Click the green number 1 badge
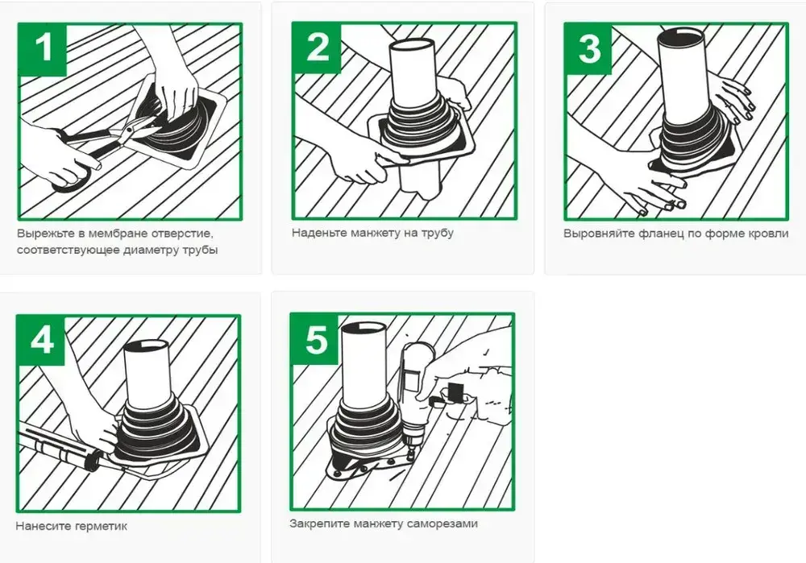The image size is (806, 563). click(x=43, y=49)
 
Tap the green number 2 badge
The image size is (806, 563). click(x=317, y=48)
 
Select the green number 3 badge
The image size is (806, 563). click(x=589, y=48)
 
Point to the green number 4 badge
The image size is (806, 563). click(x=41, y=341)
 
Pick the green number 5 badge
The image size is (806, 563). click(x=314, y=338)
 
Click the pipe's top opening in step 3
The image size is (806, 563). click(x=683, y=38)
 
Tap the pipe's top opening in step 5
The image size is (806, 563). click(x=366, y=329)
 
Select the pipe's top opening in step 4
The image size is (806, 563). click(x=147, y=346)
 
